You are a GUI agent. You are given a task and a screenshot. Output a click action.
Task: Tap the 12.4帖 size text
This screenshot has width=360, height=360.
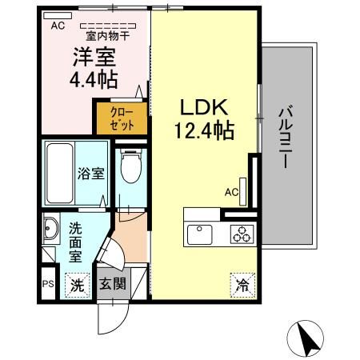[204, 130]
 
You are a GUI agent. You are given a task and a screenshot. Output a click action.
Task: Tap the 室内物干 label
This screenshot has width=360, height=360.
[108, 36]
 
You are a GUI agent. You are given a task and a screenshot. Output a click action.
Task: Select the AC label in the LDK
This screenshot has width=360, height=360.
[231, 192]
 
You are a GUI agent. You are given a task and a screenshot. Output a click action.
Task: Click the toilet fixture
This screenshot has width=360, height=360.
[129, 167]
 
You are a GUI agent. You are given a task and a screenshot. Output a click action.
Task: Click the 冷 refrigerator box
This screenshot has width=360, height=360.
[242, 283]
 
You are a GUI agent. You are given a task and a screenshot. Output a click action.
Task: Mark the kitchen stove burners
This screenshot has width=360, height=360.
[241, 234]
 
